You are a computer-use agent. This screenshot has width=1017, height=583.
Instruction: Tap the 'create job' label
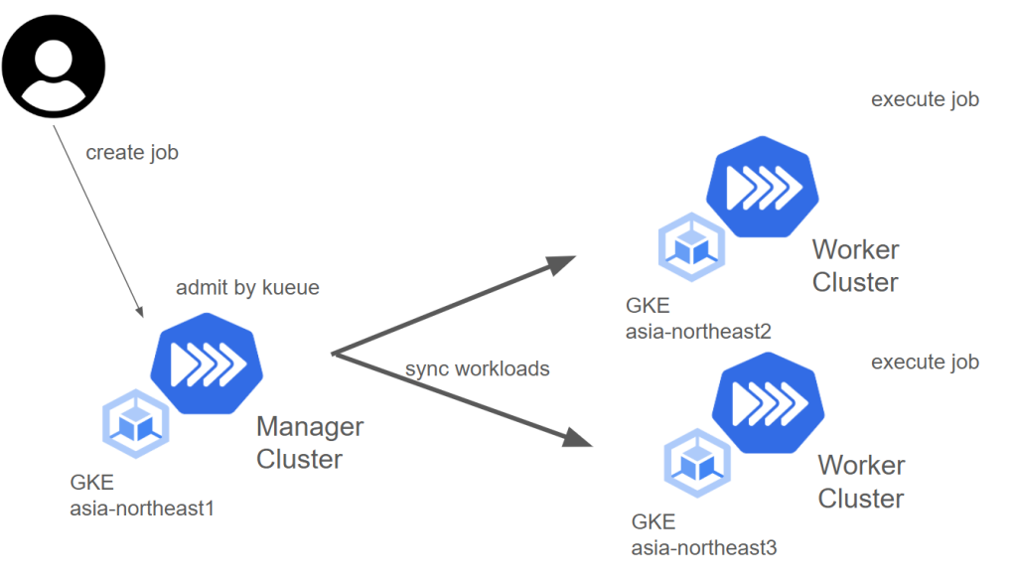click(x=132, y=153)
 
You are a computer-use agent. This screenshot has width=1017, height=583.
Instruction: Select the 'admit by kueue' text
click(x=247, y=288)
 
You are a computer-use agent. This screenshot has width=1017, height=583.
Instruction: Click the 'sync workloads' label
click(x=477, y=369)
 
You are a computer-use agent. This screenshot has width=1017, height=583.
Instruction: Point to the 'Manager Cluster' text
click(x=309, y=443)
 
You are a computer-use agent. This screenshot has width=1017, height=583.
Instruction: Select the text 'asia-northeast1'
click(x=141, y=509)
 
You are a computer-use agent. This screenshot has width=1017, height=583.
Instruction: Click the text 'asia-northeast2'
click(x=698, y=331)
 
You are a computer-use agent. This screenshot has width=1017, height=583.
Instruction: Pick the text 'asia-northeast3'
click(x=704, y=546)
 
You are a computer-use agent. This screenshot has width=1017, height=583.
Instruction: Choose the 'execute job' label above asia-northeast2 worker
click(x=925, y=99)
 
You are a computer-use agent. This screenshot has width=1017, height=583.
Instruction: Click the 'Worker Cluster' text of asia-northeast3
click(x=860, y=481)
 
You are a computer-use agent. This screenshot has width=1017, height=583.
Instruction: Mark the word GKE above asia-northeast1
click(x=91, y=484)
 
